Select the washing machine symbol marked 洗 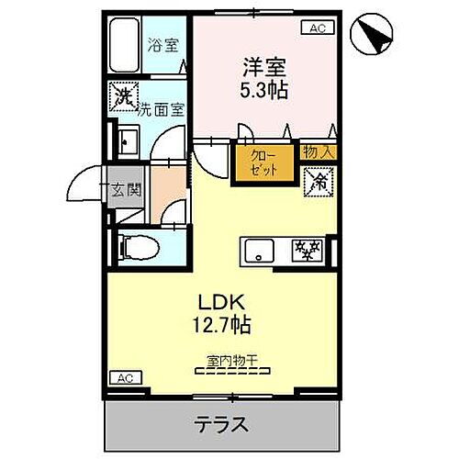click(x=122, y=95)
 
